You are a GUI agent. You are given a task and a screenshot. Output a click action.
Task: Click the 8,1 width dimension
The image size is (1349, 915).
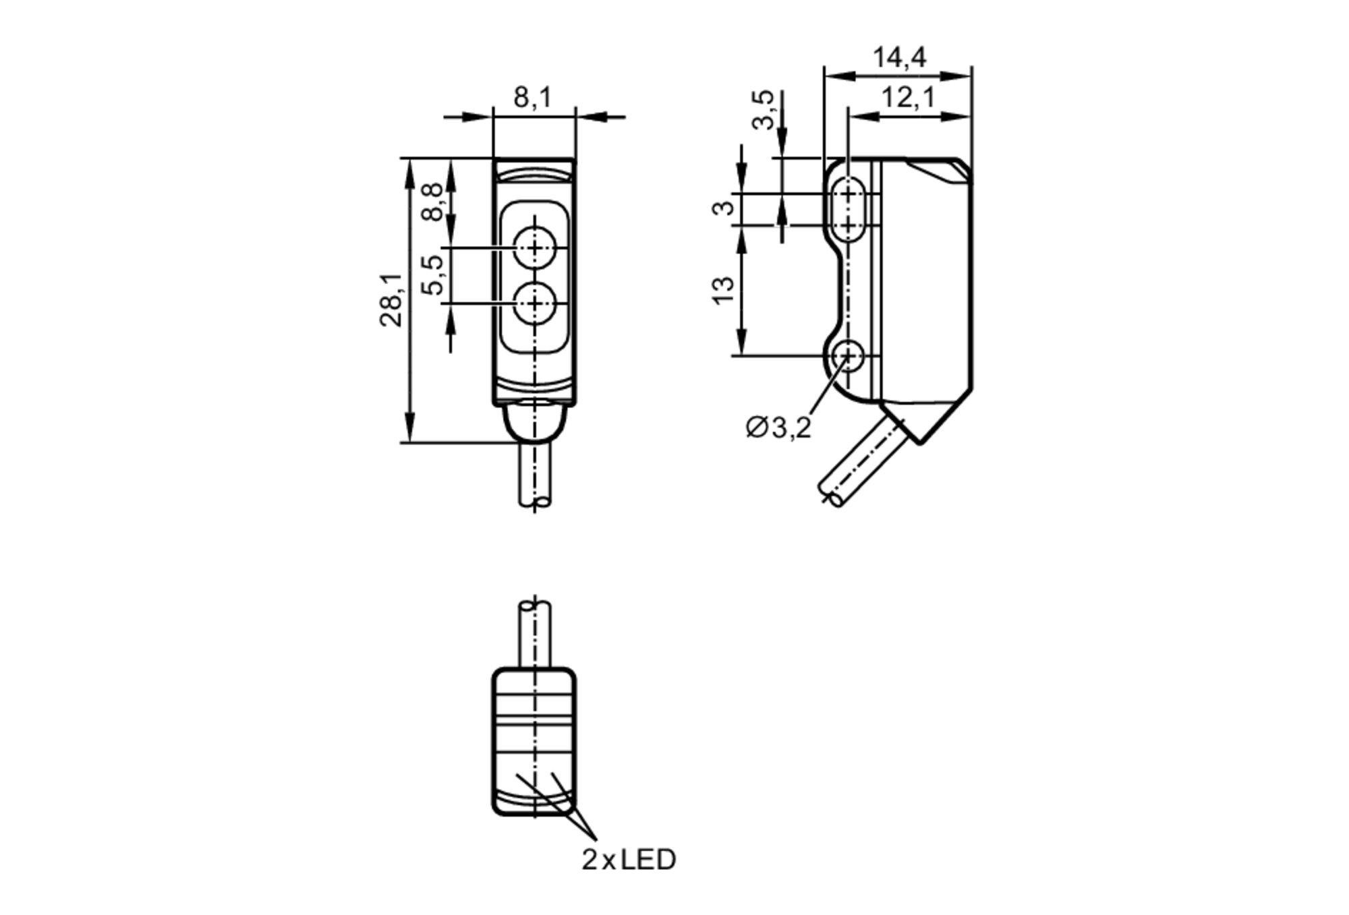click(x=532, y=98)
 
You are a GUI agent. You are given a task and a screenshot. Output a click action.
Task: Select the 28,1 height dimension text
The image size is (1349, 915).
click(x=391, y=301)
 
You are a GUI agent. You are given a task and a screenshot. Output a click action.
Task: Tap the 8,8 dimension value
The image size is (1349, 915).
click(x=433, y=202)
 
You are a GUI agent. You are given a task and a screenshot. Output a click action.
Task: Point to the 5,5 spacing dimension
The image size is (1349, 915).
click(x=433, y=275)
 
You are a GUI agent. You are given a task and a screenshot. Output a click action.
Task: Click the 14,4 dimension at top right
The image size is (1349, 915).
click(x=899, y=58)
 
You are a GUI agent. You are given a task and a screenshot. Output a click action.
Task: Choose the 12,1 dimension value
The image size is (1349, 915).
click(x=908, y=98)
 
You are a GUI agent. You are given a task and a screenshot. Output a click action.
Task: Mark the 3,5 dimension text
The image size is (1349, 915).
click(x=764, y=110)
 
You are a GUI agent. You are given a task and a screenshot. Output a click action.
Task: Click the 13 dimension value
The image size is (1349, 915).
click(x=724, y=291)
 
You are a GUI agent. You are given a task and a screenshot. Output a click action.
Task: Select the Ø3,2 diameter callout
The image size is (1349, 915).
click(x=778, y=427)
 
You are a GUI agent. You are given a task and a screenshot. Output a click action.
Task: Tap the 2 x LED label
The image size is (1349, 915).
click(x=628, y=860)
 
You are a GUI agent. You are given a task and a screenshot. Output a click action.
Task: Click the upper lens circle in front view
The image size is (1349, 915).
click(x=535, y=249)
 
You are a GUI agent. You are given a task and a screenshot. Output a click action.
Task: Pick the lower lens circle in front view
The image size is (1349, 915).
click(x=535, y=305)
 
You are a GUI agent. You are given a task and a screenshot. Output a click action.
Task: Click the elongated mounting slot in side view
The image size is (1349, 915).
click(x=848, y=209)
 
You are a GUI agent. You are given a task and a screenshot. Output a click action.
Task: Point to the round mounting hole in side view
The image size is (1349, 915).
click(x=848, y=355)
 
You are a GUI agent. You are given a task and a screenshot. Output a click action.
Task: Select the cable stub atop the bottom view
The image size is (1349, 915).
click(x=534, y=634)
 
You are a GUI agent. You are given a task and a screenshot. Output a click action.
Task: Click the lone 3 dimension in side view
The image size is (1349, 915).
click(x=724, y=207)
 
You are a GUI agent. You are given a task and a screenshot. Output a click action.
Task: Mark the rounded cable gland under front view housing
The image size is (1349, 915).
click(x=535, y=423)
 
